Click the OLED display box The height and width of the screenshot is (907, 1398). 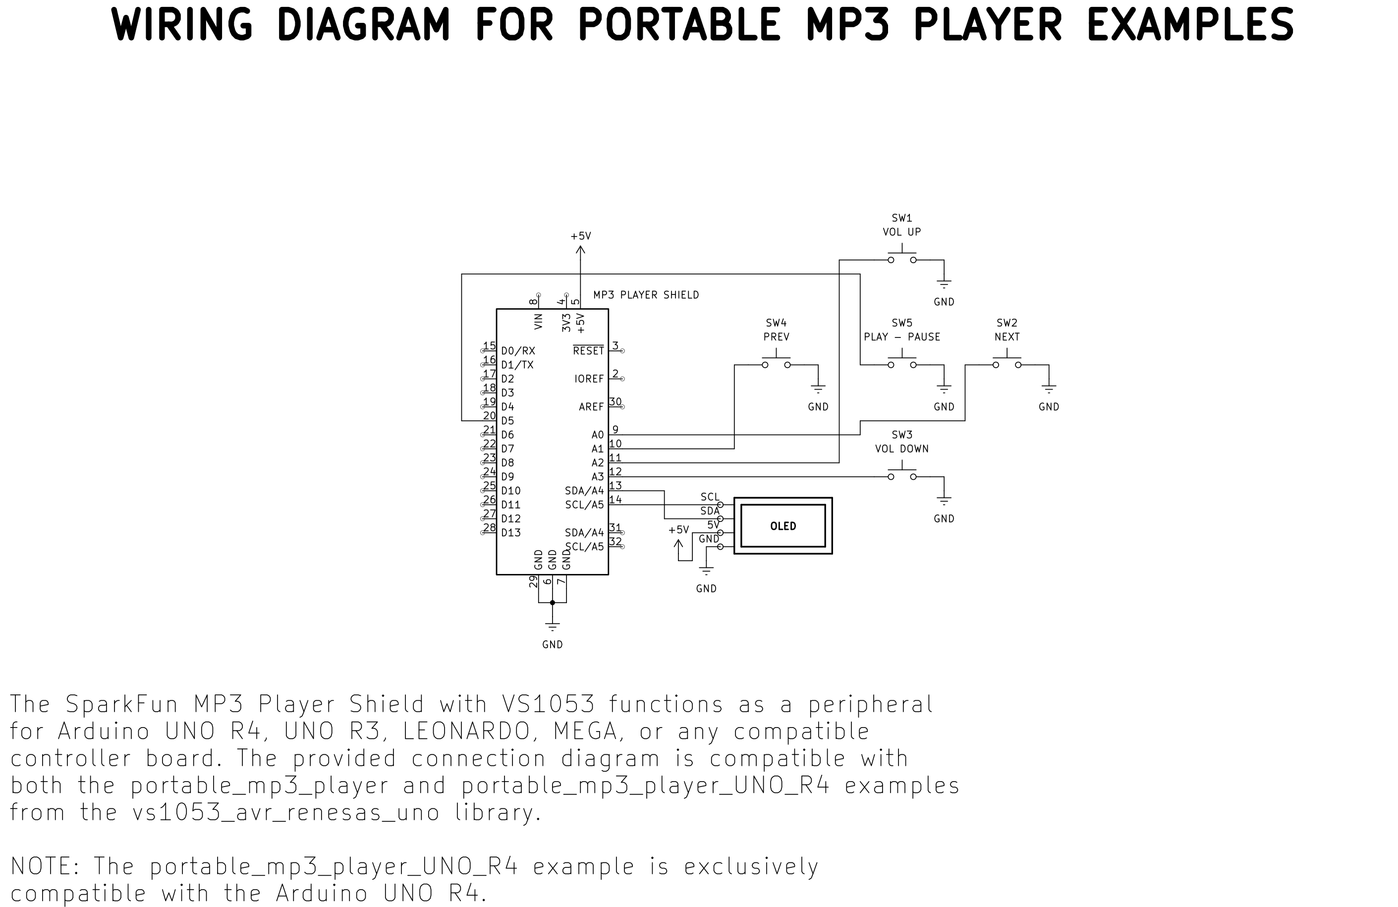click(x=783, y=526)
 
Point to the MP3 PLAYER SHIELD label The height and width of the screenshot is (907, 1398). click(x=646, y=295)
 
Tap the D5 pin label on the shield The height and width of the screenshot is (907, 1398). click(x=507, y=421)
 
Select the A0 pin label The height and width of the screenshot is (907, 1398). click(x=597, y=435)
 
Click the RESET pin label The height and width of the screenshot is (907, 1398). click(x=589, y=351)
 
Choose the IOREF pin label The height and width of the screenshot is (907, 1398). click(x=589, y=379)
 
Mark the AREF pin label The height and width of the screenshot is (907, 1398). click(x=591, y=406)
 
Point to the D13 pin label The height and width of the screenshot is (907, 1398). click(x=511, y=533)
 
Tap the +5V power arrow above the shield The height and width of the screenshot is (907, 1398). click(x=580, y=250)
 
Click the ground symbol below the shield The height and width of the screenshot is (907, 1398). click(x=552, y=626)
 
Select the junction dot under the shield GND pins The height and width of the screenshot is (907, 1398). click(x=552, y=603)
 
